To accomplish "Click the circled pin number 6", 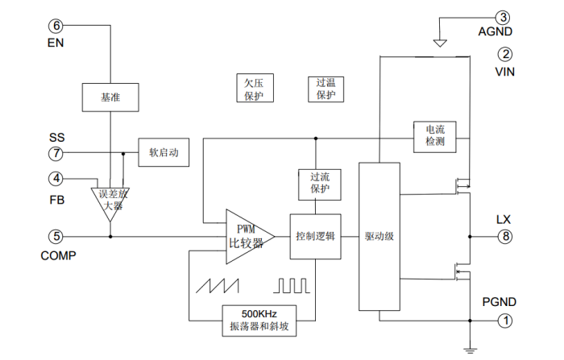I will point(56,25).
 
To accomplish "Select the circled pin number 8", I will point(505,237).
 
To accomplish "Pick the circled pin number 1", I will point(505,321).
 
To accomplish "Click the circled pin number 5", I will point(56,237).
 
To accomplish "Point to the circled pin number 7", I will point(56,153).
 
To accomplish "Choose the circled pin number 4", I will point(56,178).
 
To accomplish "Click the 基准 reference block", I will point(110,97).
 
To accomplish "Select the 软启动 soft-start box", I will point(164,152).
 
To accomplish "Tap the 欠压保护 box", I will point(254,89).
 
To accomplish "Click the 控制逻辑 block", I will point(316,237).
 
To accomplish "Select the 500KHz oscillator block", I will point(259,321).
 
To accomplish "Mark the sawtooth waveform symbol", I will point(223,286).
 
